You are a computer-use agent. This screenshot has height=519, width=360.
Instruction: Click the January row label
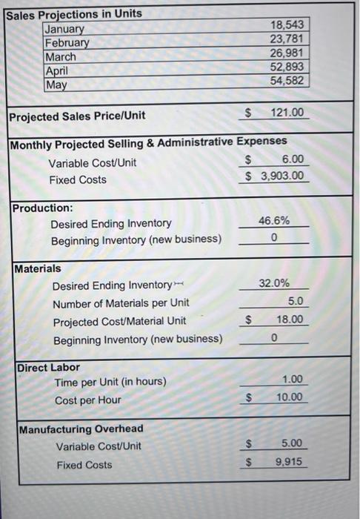[64, 29]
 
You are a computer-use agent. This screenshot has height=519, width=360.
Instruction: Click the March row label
[61, 56]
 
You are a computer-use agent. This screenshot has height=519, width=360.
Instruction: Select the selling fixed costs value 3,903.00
[280, 176]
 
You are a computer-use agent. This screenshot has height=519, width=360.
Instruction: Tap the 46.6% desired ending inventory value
[274, 220]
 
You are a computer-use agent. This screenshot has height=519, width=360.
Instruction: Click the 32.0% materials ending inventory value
[274, 283]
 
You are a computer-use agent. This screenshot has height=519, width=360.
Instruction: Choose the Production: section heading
[42, 208]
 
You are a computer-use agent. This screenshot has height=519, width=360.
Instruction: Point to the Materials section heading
[38, 268]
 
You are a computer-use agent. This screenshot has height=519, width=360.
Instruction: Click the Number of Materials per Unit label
[121, 303]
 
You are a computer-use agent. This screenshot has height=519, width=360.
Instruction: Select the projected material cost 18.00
[289, 320]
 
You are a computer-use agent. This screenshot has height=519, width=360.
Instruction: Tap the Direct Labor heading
[49, 367]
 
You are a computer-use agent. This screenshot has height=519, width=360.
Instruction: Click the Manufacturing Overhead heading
[81, 429]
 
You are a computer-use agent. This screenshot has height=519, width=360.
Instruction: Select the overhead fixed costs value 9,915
[289, 461]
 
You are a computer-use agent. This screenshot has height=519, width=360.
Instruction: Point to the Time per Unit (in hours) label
[110, 382]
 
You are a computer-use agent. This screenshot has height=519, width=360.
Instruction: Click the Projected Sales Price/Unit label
[77, 116]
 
